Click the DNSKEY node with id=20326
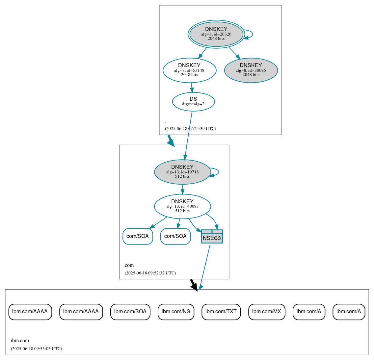[x=216, y=34]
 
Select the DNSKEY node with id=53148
[x=189, y=70]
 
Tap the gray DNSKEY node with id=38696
[x=251, y=70]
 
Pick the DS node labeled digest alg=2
[x=193, y=102]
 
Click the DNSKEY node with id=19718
[x=182, y=172]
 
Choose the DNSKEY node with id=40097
[x=182, y=206]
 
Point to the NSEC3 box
[x=212, y=237]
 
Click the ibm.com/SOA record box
[x=130, y=312]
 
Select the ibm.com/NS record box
[x=176, y=312]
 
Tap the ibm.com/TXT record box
[x=221, y=312]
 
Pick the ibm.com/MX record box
[x=267, y=312]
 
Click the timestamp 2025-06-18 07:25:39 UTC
[x=190, y=128]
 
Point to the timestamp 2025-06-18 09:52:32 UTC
[x=150, y=273]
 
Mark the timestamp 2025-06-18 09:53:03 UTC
[x=36, y=348]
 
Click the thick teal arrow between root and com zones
[x=171, y=140]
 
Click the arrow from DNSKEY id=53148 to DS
[x=191, y=87]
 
